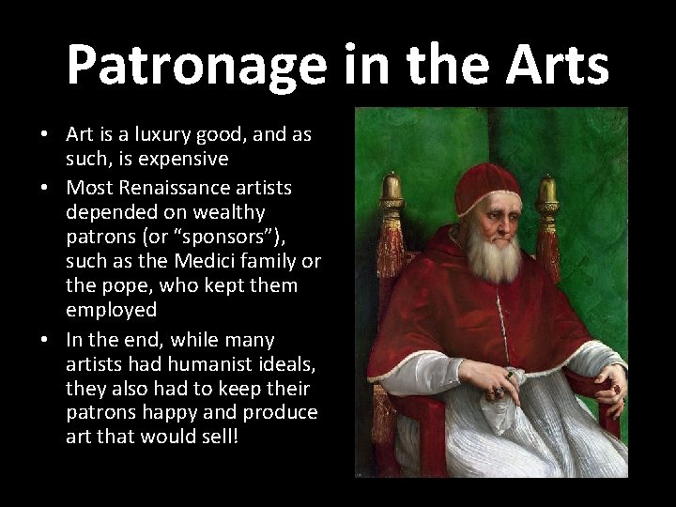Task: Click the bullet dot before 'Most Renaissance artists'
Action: pyautogui.click(x=45, y=187)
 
